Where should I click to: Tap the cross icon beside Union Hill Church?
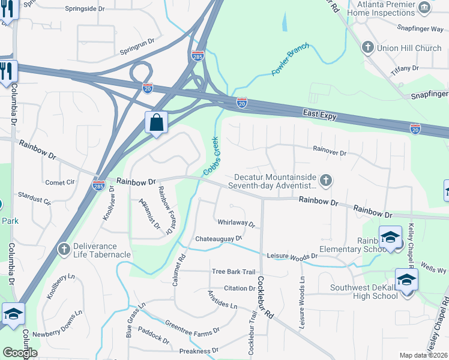[367, 47]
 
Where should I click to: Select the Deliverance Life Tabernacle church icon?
[64, 248]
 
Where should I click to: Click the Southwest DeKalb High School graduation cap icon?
[406, 280]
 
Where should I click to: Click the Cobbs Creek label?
[211, 155]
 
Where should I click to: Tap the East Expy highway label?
[319, 113]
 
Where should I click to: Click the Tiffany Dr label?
[405, 69]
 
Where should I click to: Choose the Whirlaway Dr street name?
[237, 223]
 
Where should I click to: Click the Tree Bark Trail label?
[234, 272]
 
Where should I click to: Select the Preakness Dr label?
[199, 350]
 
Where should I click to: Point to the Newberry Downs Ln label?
[57, 324]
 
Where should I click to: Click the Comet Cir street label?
[59, 182]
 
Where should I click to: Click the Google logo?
[20, 353]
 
